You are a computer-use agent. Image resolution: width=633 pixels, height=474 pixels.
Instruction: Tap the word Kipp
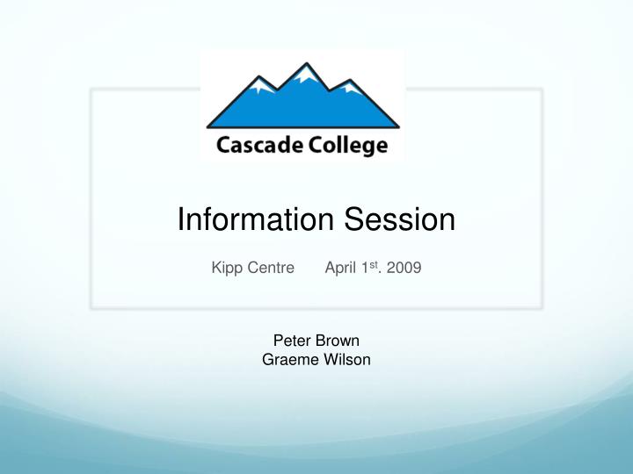point(226,268)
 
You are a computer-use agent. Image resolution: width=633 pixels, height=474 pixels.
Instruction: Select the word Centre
point(271,268)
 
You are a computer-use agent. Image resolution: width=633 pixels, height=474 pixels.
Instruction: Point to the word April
point(340,268)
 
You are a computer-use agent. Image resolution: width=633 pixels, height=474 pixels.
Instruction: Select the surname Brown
point(338,341)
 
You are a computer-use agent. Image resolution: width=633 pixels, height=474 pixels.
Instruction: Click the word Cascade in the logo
point(254,145)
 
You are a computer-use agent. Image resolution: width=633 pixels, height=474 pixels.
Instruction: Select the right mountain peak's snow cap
point(349,88)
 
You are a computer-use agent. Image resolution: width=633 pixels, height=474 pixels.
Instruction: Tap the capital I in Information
point(182,219)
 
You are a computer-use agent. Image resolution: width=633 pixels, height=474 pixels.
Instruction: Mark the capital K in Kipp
point(216,268)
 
